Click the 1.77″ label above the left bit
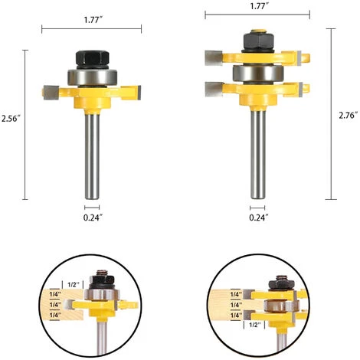pyautogui.click(x=91, y=12)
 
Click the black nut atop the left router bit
pyautogui.click(x=91, y=57)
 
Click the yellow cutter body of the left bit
pyautogui.click(x=91, y=96)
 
